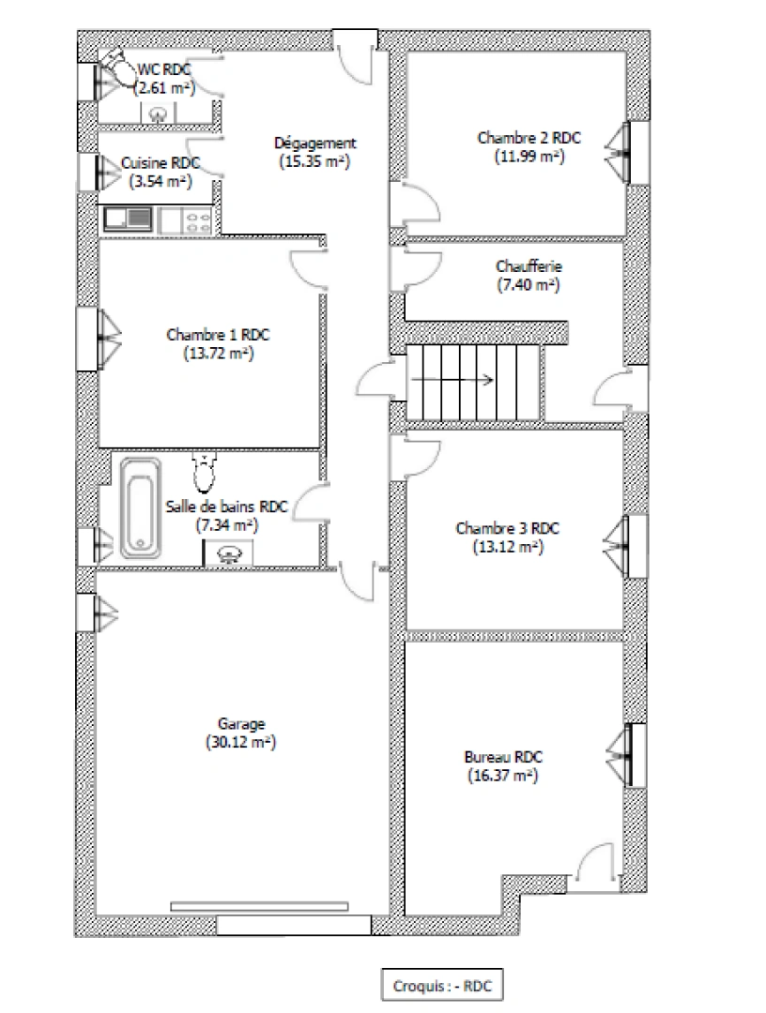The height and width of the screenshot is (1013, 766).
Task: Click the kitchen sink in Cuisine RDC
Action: [x=129, y=219]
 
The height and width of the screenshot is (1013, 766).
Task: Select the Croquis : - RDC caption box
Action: [x=441, y=986]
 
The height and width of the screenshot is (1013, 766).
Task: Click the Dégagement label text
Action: [x=314, y=144]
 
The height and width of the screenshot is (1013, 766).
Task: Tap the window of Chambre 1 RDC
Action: [x=106, y=337]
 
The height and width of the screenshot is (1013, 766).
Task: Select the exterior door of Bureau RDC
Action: [x=597, y=864]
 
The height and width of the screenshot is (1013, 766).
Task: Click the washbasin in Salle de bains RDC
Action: [x=228, y=555]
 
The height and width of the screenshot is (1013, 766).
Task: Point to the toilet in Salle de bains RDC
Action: [x=205, y=464]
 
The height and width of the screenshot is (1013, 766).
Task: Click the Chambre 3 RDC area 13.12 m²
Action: [x=508, y=545]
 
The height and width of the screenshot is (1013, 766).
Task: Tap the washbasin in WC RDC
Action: [x=158, y=114]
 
